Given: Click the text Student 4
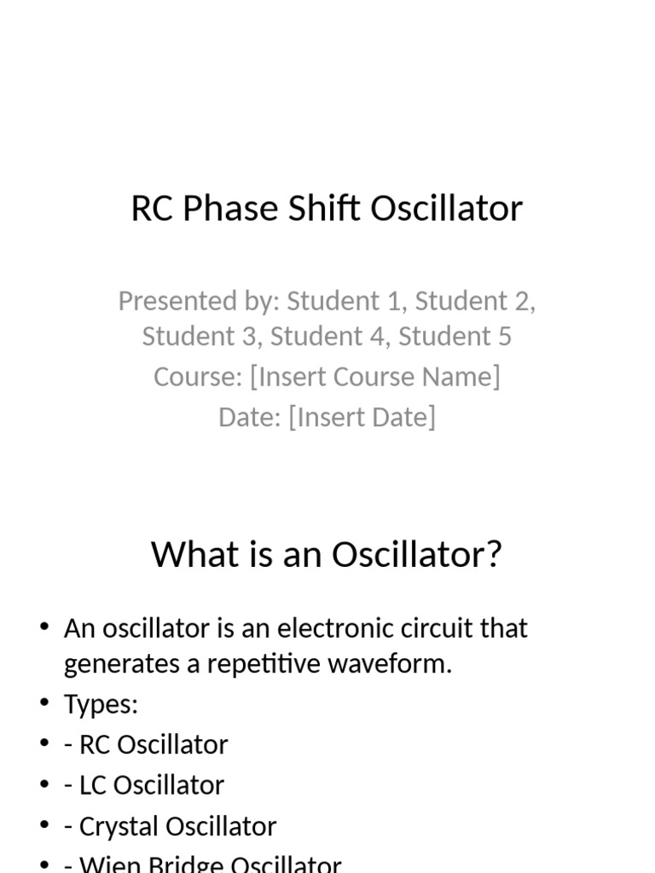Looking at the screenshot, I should click(327, 337).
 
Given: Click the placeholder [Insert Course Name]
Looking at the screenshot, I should click(375, 377).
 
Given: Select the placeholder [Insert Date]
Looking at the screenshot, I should click(362, 417).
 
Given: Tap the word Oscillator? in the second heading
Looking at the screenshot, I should click(417, 555).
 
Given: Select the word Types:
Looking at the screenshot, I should click(101, 704).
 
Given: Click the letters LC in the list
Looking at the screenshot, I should click(91, 785).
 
